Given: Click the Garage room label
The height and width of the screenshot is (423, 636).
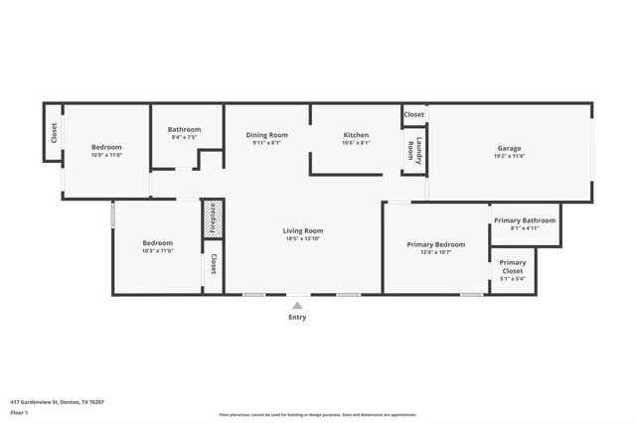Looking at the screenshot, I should [510, 149].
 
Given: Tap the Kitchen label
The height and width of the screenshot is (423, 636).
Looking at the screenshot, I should [356, 135].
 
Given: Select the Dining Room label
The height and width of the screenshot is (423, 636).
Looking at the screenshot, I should [267, 135].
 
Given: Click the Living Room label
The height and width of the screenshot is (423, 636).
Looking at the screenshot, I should [303, 230].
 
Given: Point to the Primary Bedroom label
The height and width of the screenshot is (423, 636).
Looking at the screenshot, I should [436, 244].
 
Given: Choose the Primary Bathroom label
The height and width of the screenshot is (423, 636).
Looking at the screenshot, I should [525, 220].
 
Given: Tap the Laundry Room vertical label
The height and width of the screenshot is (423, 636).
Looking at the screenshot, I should [409, 152].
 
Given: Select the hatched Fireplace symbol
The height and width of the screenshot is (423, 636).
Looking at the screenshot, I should [211, 218].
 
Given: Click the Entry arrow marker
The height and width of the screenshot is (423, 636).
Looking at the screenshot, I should [297, 305].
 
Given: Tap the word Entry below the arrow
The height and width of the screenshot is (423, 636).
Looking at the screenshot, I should [297, 318].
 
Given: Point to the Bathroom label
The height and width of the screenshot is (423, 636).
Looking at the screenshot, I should [184, 129].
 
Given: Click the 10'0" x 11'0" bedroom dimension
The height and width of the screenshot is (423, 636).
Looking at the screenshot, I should [106, 155].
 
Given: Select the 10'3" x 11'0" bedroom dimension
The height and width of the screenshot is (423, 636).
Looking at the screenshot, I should [157, 251].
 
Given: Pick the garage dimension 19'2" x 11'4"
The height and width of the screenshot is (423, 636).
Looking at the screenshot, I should [510, 156].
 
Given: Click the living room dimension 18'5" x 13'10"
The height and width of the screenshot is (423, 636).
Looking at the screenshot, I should [303, 238].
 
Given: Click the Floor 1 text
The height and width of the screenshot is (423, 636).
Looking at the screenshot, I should [19, 412].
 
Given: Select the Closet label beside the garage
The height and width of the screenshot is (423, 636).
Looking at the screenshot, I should [414, 114].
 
